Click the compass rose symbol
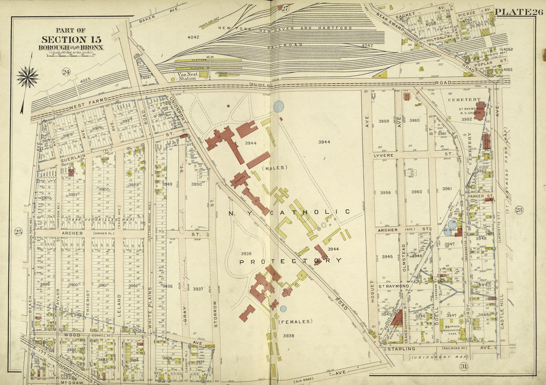pyautogui.click(x=27, y=77)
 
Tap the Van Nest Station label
pyautogui.click(x=188, y=76)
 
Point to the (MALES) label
pyautogui.click(x=275, y=168)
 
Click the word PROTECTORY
pyautogui.click(x=291, y=261)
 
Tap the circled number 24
pyautogui.click(x=67, y=73)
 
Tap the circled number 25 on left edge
pyautogui.click(x=18, y=231)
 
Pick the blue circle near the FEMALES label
pyautogui.click(x=283, y=308)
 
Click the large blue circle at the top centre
pyautogui.click(x=278, y=106)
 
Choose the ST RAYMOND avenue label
pyautogui.click(x=394, y=286)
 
